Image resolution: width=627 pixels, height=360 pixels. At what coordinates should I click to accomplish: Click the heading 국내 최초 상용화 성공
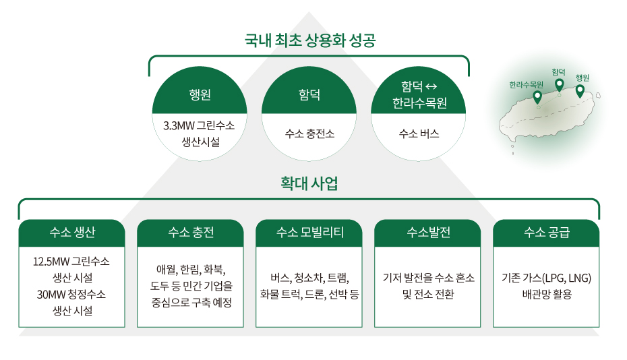point(310,40)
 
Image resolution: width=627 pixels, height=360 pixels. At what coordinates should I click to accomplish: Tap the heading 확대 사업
point(309,183)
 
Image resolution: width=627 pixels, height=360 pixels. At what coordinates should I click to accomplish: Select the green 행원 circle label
point(200,95)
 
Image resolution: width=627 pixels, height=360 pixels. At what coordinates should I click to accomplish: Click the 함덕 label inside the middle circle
point(309,95)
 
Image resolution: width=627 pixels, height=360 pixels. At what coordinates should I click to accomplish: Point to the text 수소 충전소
point(309,133)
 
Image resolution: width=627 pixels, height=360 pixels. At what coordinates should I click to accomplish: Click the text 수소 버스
point(419,133)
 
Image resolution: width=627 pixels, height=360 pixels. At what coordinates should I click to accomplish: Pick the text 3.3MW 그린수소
point(199,125)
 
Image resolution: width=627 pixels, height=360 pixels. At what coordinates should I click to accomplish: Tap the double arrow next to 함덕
point(431,86)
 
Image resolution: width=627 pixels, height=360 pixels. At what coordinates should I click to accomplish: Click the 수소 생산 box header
point(72,233)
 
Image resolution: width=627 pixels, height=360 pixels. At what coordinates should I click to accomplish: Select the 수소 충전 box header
point(190,233)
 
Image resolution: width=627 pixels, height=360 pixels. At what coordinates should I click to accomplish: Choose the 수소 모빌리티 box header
point(309,233)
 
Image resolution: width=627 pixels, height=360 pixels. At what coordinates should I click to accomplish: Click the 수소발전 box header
point(427,233)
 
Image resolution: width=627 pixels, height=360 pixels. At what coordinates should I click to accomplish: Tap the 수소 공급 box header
point(546,233)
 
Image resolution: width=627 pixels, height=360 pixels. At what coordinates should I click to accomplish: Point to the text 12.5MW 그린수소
point(71,262)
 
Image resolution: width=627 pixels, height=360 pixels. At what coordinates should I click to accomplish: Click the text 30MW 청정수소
point(71,295)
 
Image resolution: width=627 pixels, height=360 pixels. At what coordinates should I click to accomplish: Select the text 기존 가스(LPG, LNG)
point(546,278)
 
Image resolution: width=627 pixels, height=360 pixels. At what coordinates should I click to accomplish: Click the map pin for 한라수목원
point(537,97)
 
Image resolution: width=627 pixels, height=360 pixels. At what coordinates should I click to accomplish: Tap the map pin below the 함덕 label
point(560,84)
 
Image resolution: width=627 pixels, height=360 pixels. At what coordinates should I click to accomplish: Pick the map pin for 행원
point(580,91)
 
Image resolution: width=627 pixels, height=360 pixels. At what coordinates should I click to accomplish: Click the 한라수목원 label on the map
point(527,85)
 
